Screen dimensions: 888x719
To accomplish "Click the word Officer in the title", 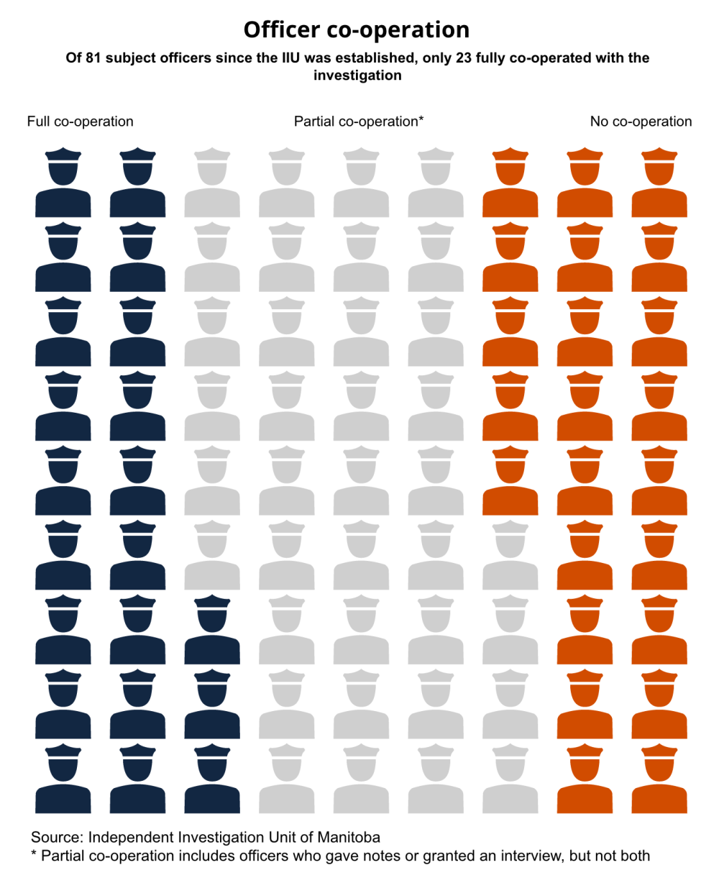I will coord(281,29).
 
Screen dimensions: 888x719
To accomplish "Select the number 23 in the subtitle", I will coord(464,58).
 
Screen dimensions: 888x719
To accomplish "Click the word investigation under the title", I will coord(357,75).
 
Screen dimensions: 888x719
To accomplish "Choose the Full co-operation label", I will coord(80,122).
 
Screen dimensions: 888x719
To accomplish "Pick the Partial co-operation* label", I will coord(359,122).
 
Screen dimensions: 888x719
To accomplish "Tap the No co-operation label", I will coord(641,122).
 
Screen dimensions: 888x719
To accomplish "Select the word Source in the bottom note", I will coord(55,837).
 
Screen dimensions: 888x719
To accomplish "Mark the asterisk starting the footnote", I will coord(34,854).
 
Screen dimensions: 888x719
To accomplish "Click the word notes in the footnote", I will coord(384,856).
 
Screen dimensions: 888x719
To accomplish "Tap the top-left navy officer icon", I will coord(63,183).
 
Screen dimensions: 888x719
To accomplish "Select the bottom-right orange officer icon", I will coord(659,779).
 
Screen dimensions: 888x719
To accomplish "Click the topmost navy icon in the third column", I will coord(212,629).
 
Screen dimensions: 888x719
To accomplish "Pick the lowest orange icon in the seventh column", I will coord(510,480).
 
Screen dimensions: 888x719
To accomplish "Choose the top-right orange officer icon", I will coord(659,183).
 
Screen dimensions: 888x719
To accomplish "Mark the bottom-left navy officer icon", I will coord(63,779).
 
